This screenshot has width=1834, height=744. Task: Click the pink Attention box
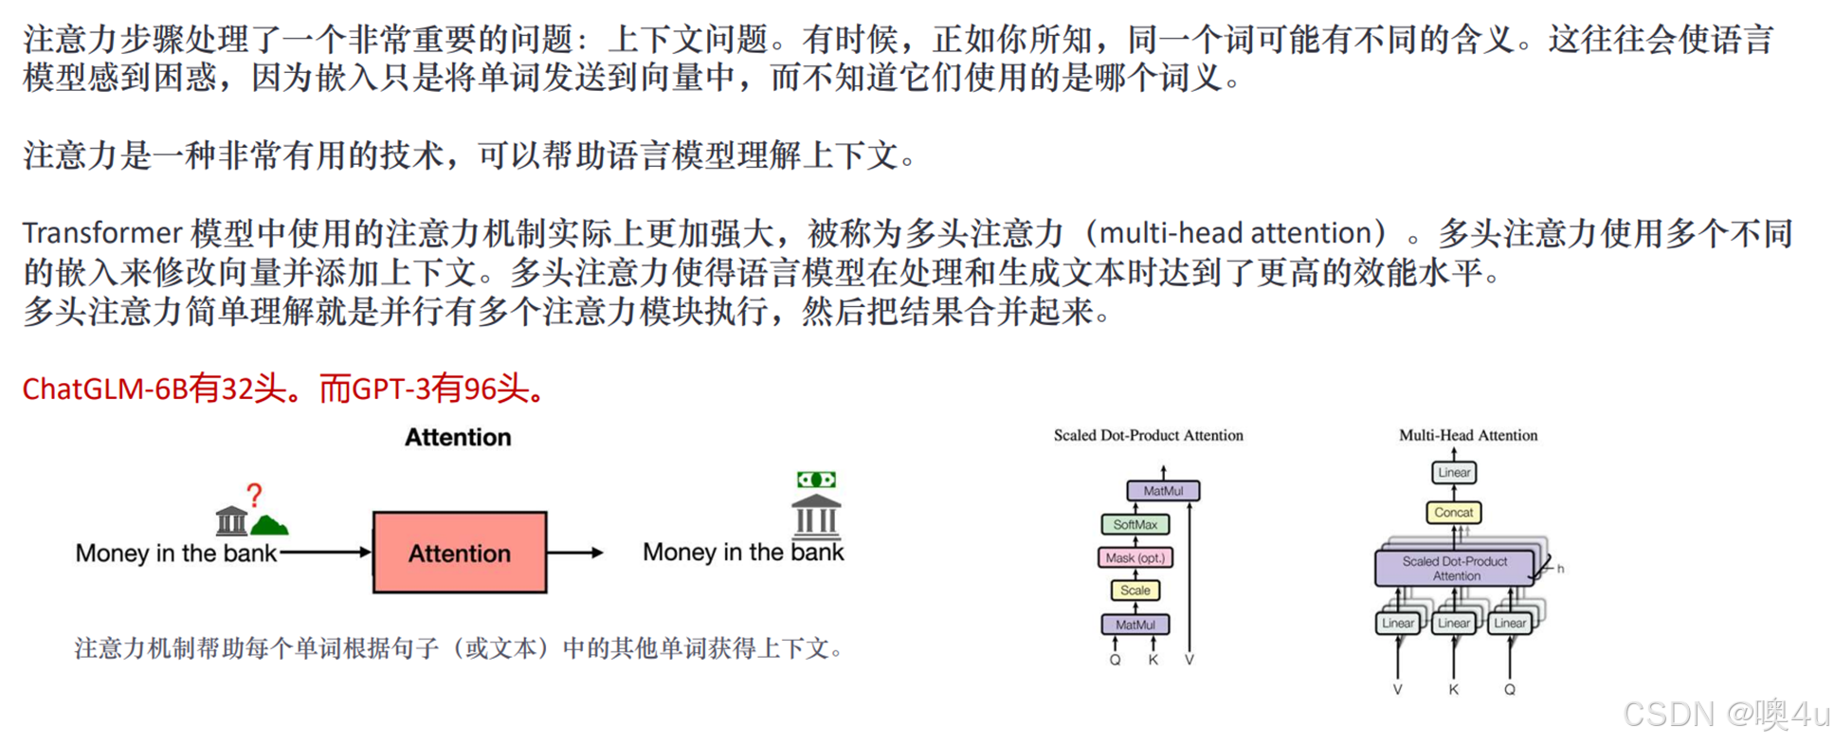(459, 553)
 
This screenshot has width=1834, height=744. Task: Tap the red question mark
(254, 494)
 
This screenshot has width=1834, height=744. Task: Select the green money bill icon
(815, 480)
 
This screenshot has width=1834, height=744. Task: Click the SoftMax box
(1135, 524)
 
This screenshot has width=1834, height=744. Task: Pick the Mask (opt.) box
(1135, 557)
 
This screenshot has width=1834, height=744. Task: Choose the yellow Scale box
(1135, 590)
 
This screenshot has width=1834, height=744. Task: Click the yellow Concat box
(1453, 512)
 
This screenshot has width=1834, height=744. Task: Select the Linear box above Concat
(1453, 472)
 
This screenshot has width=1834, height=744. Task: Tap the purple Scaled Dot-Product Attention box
(1454, 568)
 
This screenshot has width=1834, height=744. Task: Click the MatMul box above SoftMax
(1163, 491)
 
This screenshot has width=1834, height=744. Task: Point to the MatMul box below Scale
(1135, 625)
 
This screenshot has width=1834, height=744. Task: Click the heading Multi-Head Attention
(1468, 435)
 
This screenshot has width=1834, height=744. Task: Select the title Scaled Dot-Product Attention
(1148, 435)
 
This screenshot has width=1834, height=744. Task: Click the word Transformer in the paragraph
(101, 233)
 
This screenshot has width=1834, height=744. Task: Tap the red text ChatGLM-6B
(104, 389)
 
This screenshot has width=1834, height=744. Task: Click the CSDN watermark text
(1667, 714)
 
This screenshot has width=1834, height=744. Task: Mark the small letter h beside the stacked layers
(1560, 569)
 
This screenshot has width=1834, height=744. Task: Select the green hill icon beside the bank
(270, 524)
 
